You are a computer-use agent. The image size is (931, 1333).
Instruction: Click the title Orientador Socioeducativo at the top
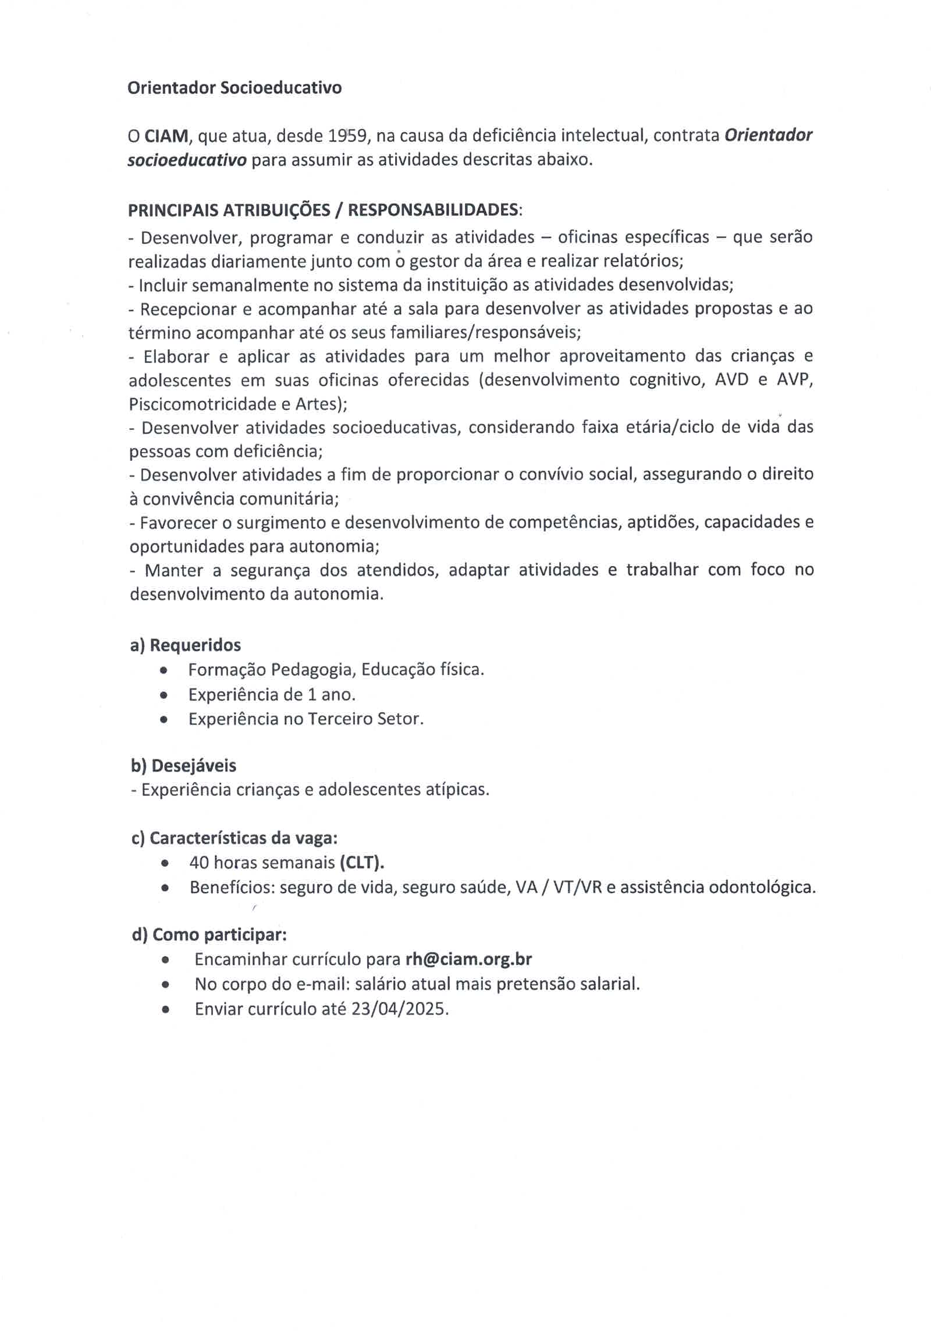pos(234,88)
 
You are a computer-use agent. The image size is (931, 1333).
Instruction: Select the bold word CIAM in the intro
pos(166,136)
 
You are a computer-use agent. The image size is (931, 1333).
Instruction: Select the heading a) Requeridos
pos(186,645)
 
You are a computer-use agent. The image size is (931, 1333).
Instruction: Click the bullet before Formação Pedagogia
pos(165,670)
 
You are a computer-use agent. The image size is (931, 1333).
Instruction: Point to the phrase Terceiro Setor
pos(363,719)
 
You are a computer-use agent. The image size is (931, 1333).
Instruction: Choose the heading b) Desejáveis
pos(184,766)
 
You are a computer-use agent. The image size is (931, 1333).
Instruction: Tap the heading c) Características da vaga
pos(234,838)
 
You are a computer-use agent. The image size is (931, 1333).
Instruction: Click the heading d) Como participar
pos(209,934)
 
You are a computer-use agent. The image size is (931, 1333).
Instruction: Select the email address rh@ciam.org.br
pos(468,959)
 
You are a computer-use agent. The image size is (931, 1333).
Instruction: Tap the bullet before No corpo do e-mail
pos(166,984)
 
